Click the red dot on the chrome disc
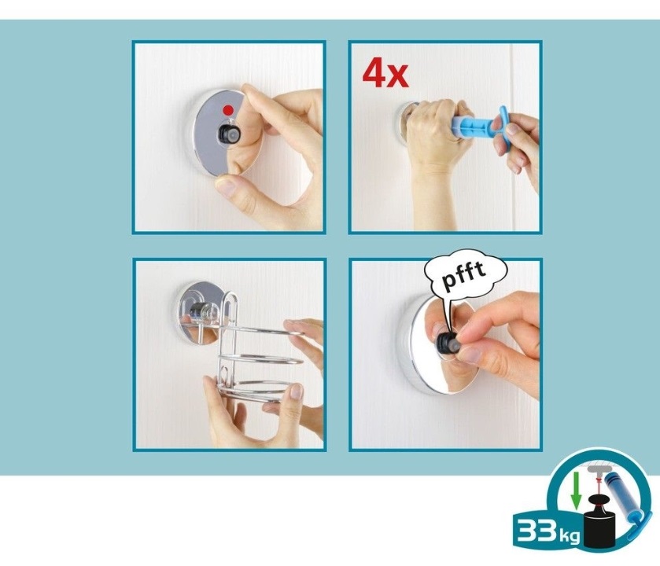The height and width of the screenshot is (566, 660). click(x=228, y=110)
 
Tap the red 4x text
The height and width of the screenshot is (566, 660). click(x=385, y=74)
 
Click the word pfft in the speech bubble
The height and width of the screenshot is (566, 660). click(x=464, y=276)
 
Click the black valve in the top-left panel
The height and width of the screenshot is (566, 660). click(x=229, y=134)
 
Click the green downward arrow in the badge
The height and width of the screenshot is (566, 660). click(x=576, y=490)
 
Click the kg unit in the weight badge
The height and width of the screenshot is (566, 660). click(x=569, y=535)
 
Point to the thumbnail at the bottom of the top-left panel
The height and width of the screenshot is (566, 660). click(x=226, y=187)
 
